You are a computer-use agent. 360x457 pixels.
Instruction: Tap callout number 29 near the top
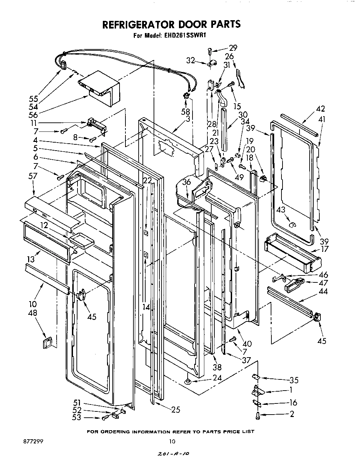[233, 48]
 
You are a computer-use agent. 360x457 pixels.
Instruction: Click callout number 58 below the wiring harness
[186, 112]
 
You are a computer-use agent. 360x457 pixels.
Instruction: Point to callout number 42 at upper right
[320, 109]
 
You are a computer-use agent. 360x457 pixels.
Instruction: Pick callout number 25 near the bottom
[176, 410]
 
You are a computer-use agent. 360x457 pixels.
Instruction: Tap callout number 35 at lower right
[294, 380]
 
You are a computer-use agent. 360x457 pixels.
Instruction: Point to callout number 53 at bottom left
[77, 417]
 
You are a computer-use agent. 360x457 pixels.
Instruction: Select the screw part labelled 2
[257, 415]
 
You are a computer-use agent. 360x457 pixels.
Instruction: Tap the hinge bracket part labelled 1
[257, 391]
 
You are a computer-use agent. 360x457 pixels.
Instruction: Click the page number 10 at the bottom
[172, 442]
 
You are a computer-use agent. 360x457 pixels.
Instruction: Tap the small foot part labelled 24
[188, 382]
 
